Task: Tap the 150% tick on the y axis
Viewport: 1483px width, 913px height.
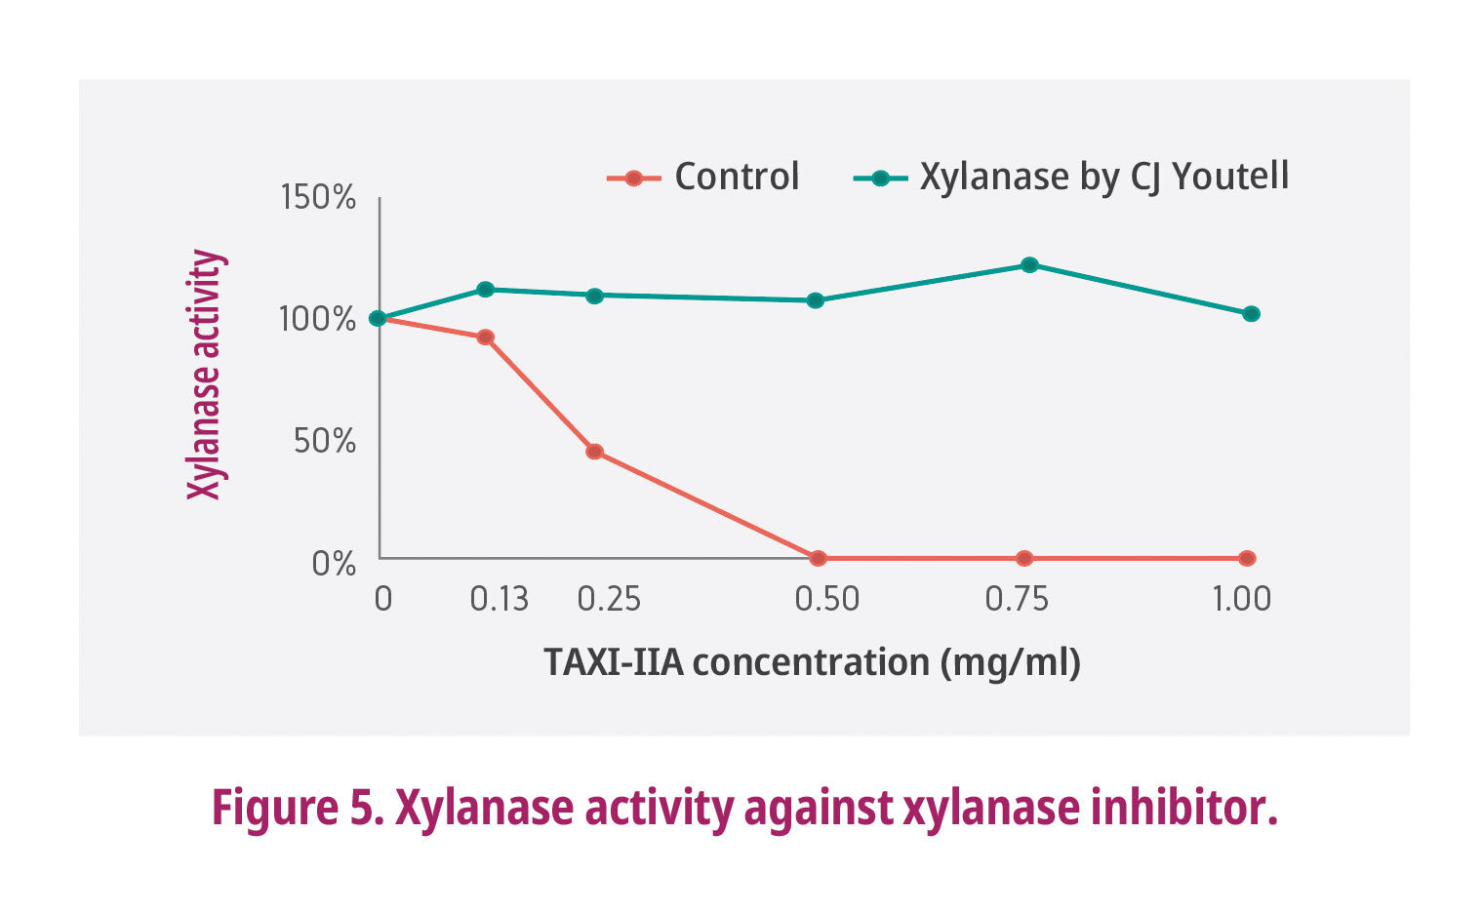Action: tap(318, 198)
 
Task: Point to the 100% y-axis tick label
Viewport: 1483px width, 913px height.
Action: tap(318, 319)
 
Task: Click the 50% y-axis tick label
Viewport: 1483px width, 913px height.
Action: tap(325, 441)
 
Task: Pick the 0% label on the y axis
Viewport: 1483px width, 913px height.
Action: tap(334, 563)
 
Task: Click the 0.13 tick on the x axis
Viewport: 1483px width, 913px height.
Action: tap(499, 599)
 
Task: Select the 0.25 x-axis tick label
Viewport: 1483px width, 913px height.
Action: tap(609, 599)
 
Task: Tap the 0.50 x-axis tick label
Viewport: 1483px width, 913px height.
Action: tap(826, 599)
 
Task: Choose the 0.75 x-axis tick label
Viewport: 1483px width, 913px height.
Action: tap(1017, 599)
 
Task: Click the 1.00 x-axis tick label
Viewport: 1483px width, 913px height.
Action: tap(1241, 599)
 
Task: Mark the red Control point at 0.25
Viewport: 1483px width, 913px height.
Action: tap(594, 452)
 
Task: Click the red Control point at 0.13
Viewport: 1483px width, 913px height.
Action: tap(485, 337)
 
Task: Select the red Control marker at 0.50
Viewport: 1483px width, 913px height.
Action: tap(818, 558)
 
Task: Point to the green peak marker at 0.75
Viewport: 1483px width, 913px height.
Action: tap(1029, 264)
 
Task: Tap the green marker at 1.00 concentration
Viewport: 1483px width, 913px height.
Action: tap(1251, 314)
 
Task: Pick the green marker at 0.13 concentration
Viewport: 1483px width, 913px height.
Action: tap(485, 289)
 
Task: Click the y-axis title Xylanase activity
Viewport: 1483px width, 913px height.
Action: tap(205, 375)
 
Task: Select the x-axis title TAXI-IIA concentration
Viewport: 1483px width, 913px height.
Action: tap(812, 662)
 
